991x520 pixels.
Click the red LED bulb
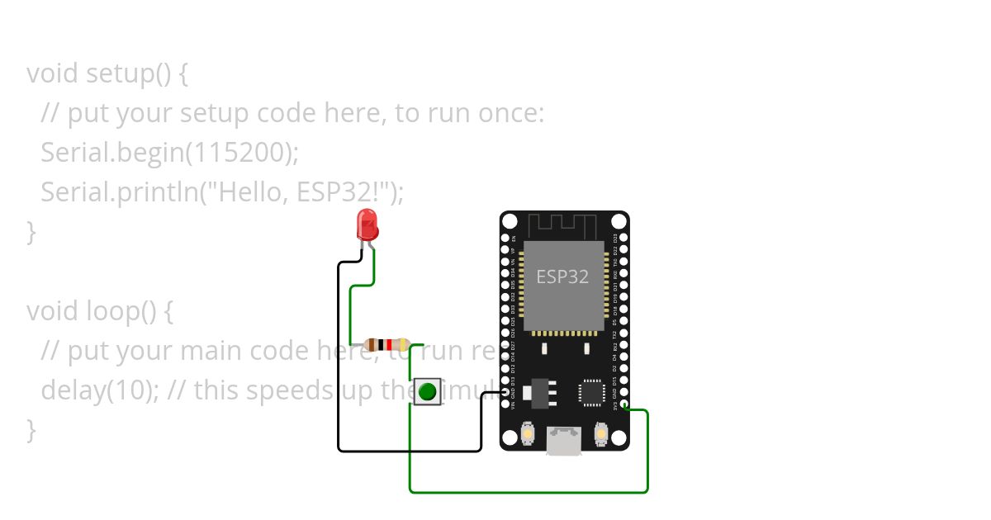point(367,224)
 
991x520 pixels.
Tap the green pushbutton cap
point(427,391)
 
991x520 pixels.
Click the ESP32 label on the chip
point(562,277)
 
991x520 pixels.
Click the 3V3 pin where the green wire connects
point(624,404)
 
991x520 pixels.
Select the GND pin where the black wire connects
point(505,393)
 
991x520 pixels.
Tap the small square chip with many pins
point(592,392)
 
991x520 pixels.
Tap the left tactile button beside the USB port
point(528,433)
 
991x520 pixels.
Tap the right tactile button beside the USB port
point(601,433)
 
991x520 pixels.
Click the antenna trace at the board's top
point(562,225)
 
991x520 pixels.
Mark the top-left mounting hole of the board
point(510,221)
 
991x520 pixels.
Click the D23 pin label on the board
point(615,239)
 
